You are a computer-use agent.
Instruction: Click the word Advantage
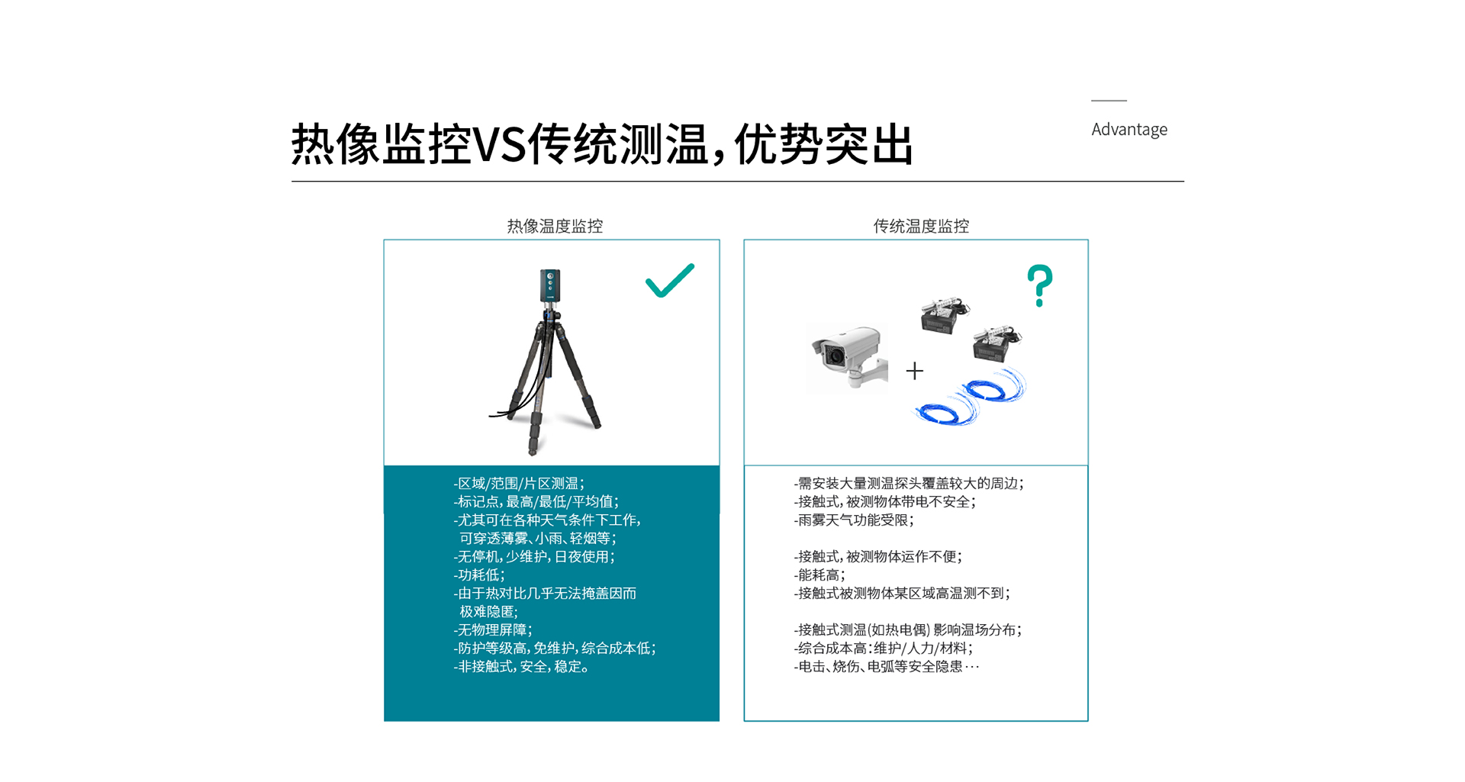click(x=1129, y=130)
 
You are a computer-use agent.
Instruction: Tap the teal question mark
click(x=1039, y=285)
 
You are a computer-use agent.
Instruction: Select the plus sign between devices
click(x=915, y=371)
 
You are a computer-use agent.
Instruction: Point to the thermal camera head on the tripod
click(x=550, y=285)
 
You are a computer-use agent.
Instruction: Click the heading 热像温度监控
click(x=555, y=226)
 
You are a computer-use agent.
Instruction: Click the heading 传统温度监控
click(x=921, y=226)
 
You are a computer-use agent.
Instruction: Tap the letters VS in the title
click(x=500, y=144)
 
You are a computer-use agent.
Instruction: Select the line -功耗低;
click(x=479, y=575)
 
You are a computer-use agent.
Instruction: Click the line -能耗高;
click(x=819, y=575)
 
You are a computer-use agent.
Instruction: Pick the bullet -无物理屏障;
click(x=493, y=630)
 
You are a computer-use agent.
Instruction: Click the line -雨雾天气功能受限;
click(x=854, y=520)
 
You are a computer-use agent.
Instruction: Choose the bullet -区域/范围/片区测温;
click(x=519, y=484)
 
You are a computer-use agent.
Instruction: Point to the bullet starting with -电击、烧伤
click(x=887, y=667)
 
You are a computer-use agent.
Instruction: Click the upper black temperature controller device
click(x=945, y=314)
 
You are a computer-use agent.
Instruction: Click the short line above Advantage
click(x=1109, y=101)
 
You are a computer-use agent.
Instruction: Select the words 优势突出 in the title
click(x=824, y=144)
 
